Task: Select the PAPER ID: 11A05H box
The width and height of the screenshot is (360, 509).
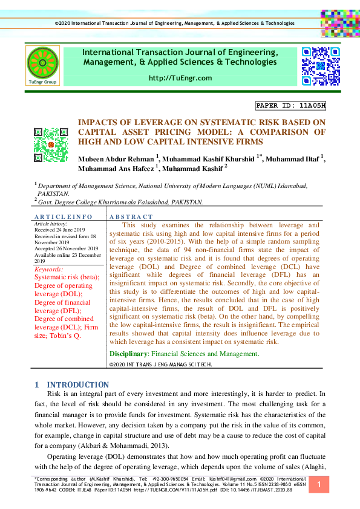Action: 291,105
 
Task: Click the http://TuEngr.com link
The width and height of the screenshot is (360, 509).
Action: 180,78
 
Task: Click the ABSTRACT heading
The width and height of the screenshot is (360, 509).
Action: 131,216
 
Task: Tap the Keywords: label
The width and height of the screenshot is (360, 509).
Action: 50,268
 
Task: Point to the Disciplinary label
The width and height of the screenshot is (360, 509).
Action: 129,354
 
